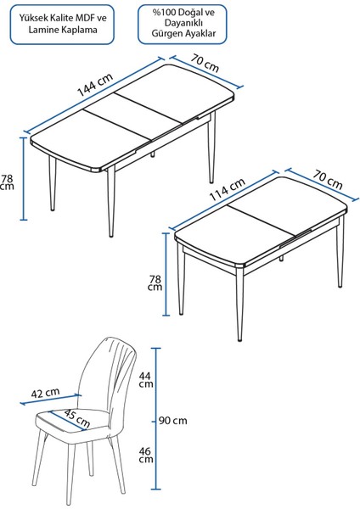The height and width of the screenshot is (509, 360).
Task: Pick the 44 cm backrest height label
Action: pyautogui.click(x=146, y=379)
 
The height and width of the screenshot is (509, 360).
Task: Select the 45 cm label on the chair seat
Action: pyautogui.click(x=77, y=419)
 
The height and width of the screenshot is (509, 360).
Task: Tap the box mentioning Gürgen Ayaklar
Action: pyautogui.click(x=178, y=23)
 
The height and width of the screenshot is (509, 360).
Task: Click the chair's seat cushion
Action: pyautogui.click(x=72, y=428)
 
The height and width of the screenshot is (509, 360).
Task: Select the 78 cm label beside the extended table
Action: pyautogui.click(x=8, y=183)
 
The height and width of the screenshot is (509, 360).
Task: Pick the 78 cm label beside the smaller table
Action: pyautogui.click(x=154, y=282)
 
